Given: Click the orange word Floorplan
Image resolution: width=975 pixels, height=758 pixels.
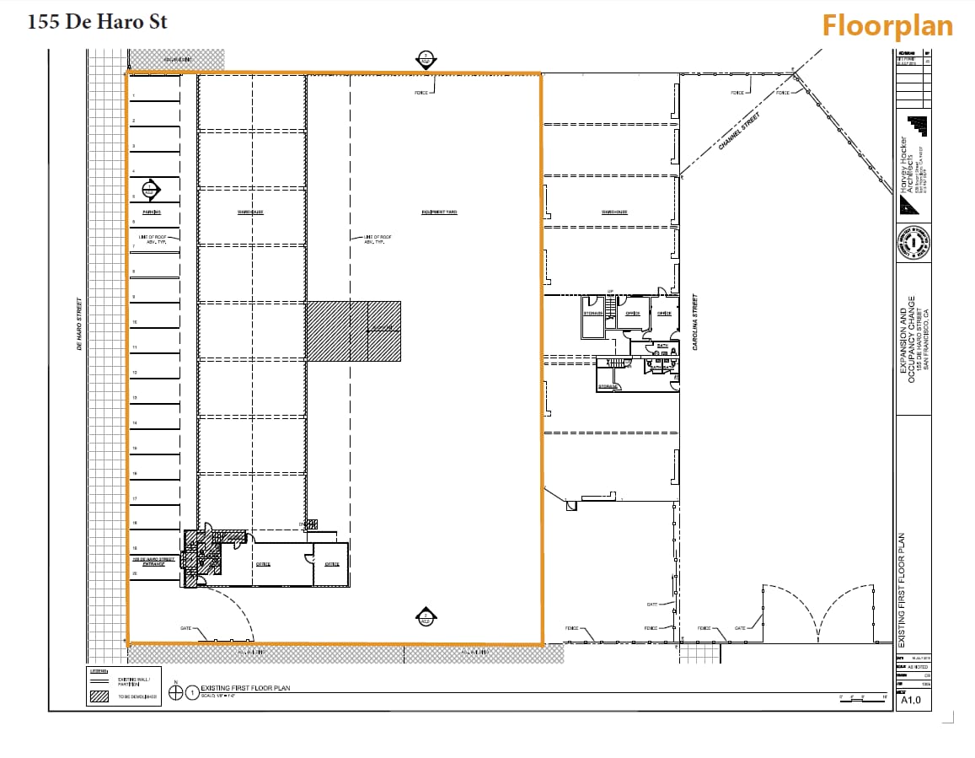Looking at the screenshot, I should point(887,25).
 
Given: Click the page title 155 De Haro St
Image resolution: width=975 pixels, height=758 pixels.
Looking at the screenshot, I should point(97,22).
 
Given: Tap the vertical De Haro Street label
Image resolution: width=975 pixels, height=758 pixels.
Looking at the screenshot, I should point(79,323).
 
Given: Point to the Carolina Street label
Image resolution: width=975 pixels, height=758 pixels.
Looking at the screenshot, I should point(695,321).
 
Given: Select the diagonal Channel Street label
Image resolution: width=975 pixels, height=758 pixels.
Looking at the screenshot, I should point(739,132).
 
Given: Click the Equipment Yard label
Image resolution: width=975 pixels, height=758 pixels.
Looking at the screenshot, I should point(439,212).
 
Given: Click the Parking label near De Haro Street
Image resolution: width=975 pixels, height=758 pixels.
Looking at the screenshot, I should point(152,212).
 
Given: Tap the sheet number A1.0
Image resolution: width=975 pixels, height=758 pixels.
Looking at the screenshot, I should point(911,700).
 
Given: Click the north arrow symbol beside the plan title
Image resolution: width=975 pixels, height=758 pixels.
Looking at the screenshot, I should point(176,691).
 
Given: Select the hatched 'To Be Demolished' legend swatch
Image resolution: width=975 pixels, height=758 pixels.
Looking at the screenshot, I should point(100,697).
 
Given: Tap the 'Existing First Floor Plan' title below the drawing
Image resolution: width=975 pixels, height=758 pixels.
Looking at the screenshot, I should point(245,688).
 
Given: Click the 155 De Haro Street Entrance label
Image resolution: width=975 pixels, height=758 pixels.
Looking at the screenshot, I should point(153,561).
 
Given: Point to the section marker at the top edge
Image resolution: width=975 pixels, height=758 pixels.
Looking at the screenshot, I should point(426,60).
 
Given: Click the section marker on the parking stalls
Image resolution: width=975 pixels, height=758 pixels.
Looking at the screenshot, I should point(151,190).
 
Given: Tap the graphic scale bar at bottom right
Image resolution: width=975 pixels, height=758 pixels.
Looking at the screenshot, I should point(862,697).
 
